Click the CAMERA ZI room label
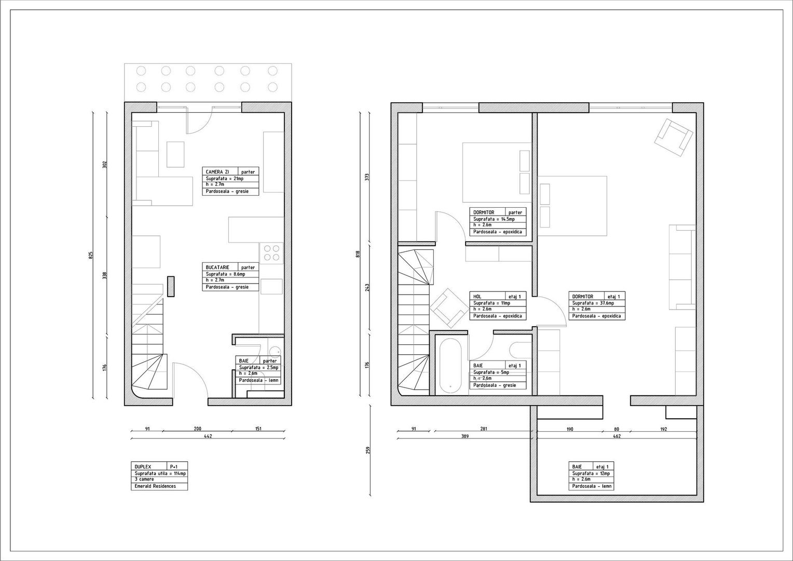coord(217,172)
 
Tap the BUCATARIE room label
coord(217,268)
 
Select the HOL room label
coord(477,297)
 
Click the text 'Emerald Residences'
coord(155,486)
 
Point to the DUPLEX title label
coord(143,467)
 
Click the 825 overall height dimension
coord(91,255)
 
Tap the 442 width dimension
coord(208,436)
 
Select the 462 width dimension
coord(617,436)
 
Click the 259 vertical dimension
coord(368,450)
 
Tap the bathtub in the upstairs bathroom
coord(450,366)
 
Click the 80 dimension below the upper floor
coord(617,430)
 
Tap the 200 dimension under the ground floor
coord(197,429)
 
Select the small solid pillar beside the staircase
coord(170,286)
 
